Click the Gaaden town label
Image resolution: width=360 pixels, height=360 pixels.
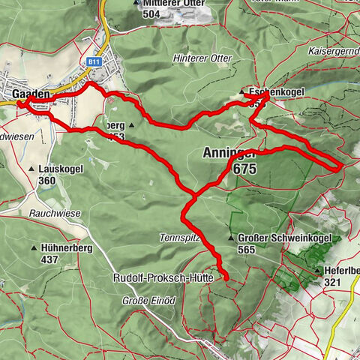[31, 94]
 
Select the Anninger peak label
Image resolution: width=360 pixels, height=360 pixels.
[230, 154]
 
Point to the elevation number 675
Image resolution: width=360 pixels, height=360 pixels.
[244, 169]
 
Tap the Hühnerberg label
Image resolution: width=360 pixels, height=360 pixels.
[64, 247]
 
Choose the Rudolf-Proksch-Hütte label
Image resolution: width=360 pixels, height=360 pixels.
[163, 277]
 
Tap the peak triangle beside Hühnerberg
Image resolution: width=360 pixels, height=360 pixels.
[34, 247]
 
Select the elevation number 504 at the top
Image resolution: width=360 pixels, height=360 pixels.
[151, 13]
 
